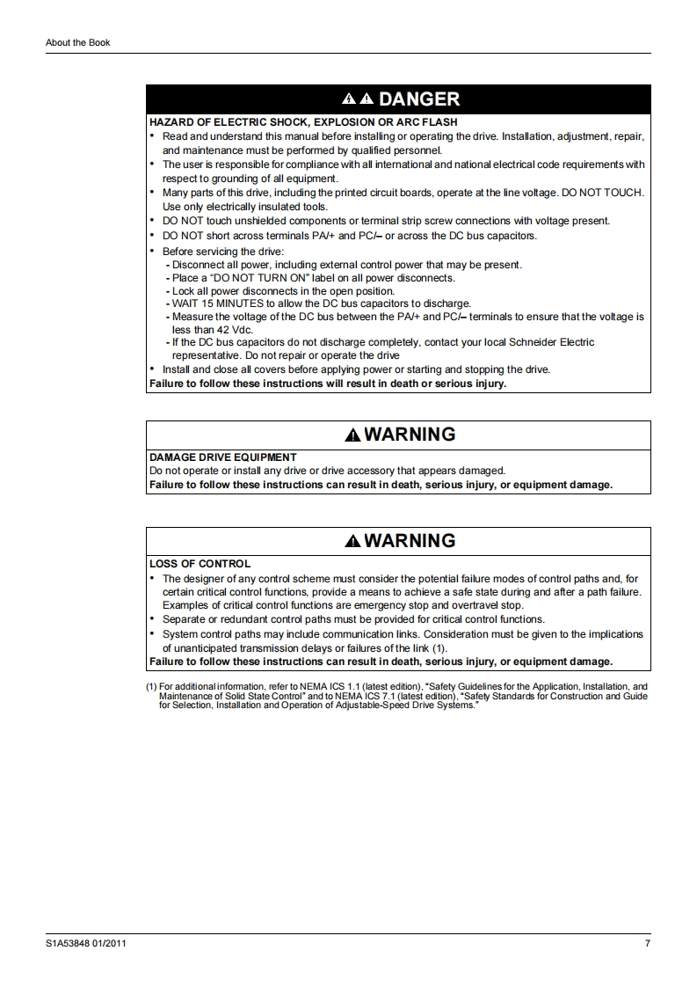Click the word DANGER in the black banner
point(418,99)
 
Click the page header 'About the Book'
point(78,42)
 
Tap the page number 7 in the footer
point(647,944)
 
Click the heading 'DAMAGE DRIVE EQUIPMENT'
point(223,457)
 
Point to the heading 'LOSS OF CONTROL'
point(200,564)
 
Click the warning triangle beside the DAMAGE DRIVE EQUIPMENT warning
point(352,435)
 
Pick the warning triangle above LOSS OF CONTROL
point(352,542)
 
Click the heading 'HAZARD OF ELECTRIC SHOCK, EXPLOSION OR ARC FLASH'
point(303,122)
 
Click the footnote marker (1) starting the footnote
point(151,687)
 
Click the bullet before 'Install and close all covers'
point(152,369)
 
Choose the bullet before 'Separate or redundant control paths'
point(152,619)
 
